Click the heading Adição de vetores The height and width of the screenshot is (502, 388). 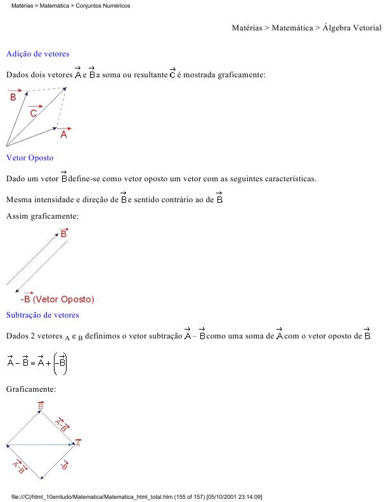pyautogui.click(x=37, y=54)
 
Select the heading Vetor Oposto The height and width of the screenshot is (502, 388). pyautogui.click(x=30, y=157)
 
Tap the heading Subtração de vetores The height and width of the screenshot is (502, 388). pyautogui.click(x=42, y=315)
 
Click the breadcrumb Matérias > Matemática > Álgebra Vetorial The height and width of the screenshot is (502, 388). pyautogui.click(x=306, y=28)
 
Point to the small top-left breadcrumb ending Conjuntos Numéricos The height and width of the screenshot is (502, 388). pyautogui.click(x=70, y=6)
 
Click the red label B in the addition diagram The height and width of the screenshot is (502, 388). pyautogui.click(x=13, y=96)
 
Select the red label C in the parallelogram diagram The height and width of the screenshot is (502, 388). pyautogui.click(x=34, y=112)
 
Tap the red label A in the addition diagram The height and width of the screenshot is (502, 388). pyautogui.click(x=64, y=134)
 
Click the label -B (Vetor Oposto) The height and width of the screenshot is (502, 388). pyautogui.click(x=57, y=299)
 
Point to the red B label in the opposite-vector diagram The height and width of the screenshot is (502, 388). pyautogui.click(x=63, y=234)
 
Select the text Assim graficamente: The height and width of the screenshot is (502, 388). pyautogui.click(x=42, y=217)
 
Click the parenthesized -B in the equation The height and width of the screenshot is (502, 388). pyautogui.click(x=61, y=363)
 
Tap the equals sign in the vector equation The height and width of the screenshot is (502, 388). pyautogui.click(x=34, y=363)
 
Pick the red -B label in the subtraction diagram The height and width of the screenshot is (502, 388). pyautogui.click(x=64, y=466)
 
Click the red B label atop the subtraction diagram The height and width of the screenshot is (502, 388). pyautogui.click(x=41, y=405)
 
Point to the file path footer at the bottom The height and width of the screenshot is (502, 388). pyautogui.click(x=136, y=496)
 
